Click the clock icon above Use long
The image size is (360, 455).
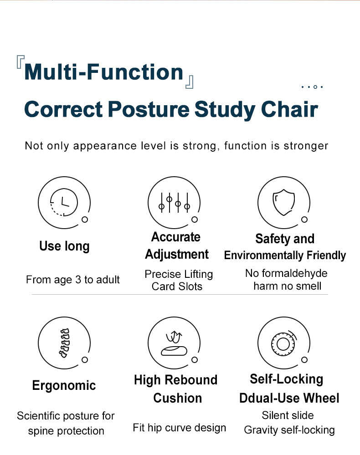click(63, 202)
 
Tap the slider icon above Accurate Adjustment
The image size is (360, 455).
click(174, 202)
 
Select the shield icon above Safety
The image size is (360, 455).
click(283, 203)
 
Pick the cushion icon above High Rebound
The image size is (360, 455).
click(174, 343)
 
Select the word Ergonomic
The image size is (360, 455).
click(64, 386)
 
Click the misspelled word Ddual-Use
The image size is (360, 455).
click(264, 398)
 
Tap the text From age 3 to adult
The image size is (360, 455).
click(73, 280)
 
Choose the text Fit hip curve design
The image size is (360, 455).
click(179, 428)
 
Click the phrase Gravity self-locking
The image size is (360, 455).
click(289, 430)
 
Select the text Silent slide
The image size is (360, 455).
click(288, 415)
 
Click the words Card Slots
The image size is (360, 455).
click(177, 286)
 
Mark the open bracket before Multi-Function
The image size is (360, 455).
click(20, 62)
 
